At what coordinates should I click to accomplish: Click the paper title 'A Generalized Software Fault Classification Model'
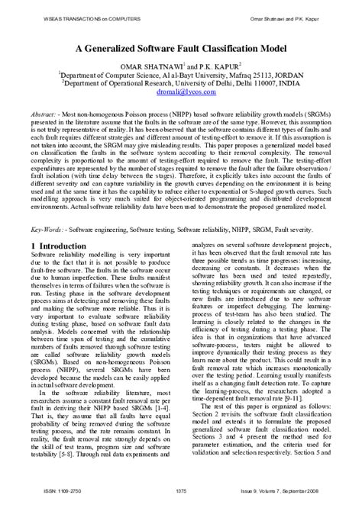[181, 45]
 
